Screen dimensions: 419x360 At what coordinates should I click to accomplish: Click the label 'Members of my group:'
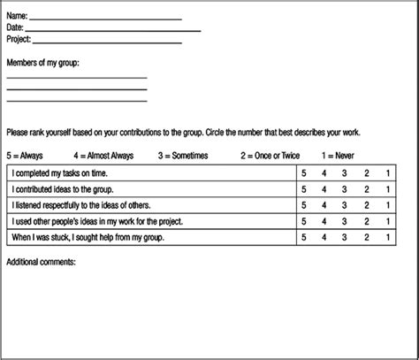point(49,63)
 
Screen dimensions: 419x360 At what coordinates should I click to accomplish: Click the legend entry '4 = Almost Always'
point(106,154)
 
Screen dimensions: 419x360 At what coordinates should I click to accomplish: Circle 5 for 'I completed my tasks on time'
point(303,172)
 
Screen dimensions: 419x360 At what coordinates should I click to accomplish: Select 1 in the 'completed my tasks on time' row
point(388,172)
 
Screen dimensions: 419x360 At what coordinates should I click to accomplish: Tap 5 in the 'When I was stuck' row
point(303,238)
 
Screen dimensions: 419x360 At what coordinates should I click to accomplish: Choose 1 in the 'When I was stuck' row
point(388,238)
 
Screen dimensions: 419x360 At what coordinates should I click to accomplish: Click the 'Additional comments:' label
point(42,262)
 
